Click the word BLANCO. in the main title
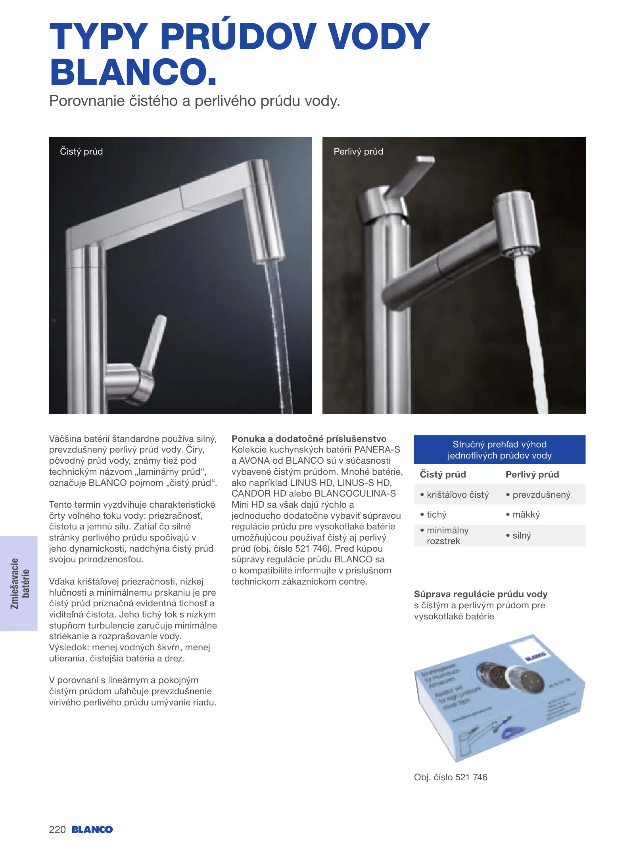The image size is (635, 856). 133,72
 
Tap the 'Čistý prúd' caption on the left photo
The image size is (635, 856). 81,151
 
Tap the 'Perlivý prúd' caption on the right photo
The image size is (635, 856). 358,151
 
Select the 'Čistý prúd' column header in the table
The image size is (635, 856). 443,474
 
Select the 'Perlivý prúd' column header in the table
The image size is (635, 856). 532,474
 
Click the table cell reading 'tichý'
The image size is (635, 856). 436,514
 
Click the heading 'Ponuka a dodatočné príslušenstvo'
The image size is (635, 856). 309,439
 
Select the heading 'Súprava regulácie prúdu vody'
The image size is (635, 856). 480,594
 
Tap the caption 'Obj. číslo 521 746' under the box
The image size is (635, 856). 450,777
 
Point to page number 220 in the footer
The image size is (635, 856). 57,829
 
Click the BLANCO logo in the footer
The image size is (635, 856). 92,829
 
